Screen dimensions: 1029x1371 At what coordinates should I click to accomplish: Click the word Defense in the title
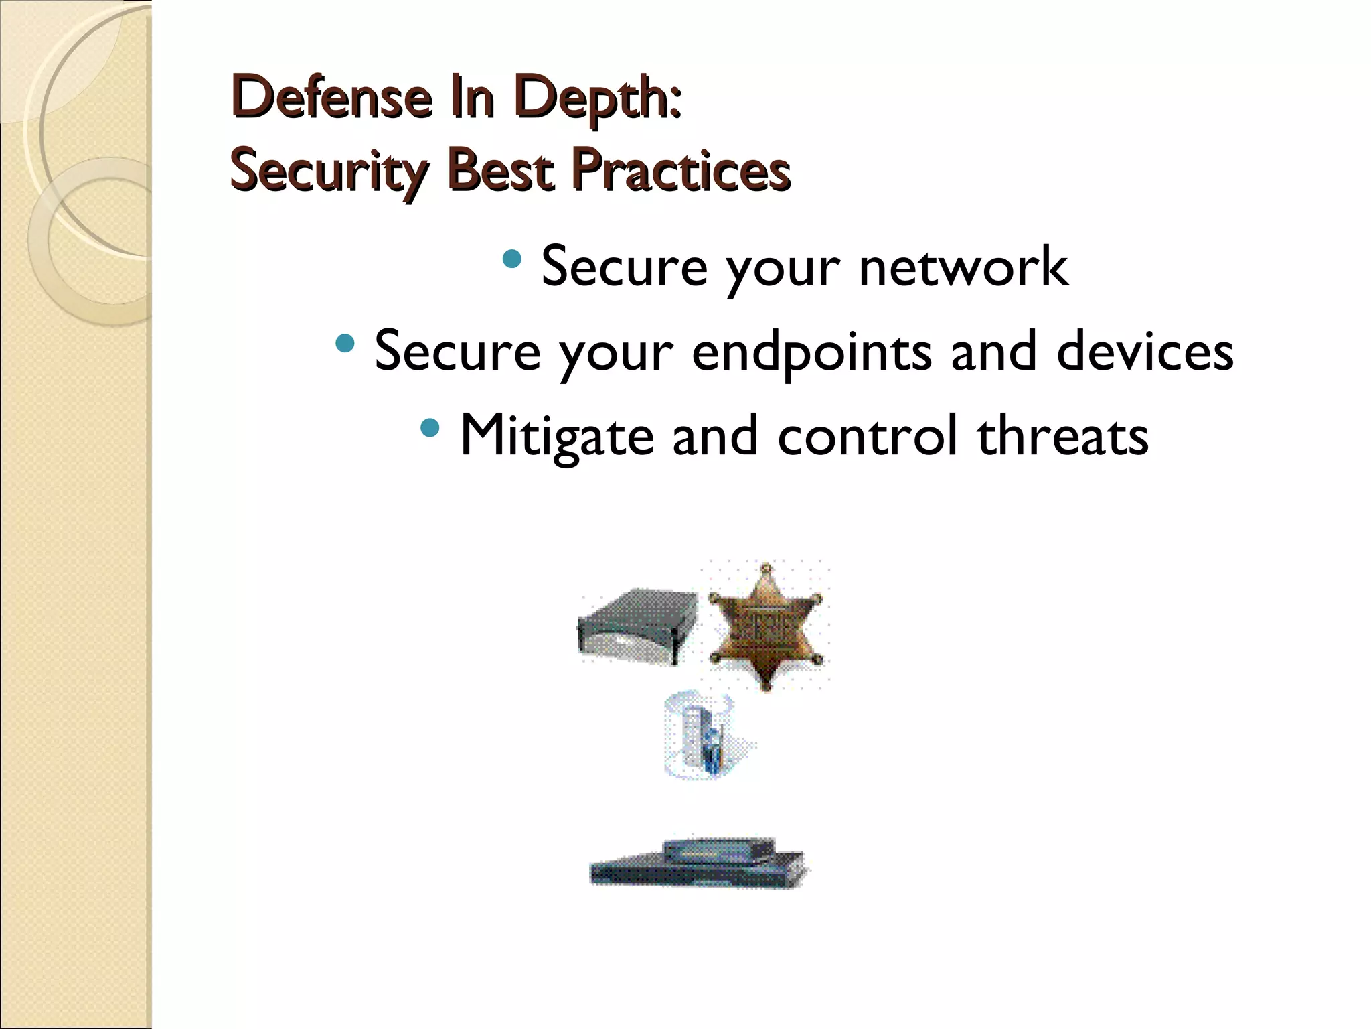(x=330, y=98)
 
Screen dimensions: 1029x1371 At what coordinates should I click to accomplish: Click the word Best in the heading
(x=501, y=170)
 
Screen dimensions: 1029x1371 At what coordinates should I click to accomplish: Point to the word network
(x=963, y=267)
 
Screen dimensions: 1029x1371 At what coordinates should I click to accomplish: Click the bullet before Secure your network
(x=512, y=258)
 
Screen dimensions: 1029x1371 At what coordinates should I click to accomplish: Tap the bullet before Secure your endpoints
(x=345, y=344)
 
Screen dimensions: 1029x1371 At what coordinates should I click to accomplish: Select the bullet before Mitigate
(x=430, y=427)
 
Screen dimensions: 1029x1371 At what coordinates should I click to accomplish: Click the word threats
(x=1062, y=436)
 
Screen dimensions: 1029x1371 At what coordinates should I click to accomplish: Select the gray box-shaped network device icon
(x=633, y=626)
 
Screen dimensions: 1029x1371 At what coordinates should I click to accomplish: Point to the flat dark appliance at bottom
(x=698, y=864)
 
